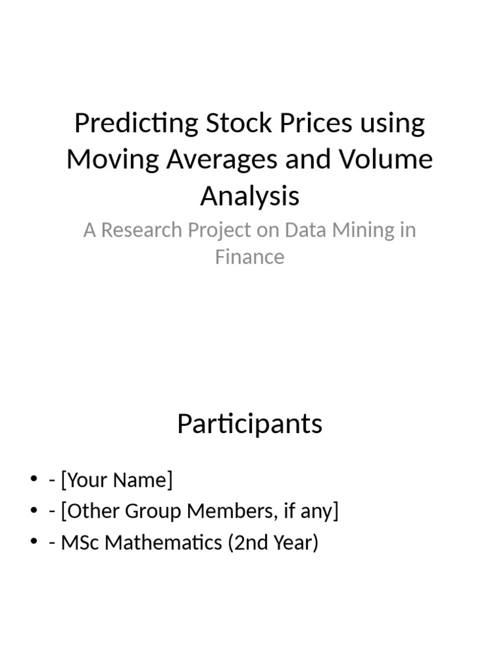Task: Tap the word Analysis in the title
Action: coord(249,195)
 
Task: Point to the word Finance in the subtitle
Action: coord(249,257)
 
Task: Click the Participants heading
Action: coord(249,424)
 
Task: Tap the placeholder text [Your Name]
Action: coord(117,481)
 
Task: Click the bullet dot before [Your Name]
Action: coord(34,481)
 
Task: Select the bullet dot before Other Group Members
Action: coord(34,511)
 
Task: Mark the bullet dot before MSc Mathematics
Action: coord(34,542)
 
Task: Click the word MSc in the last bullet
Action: coord(80,542)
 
